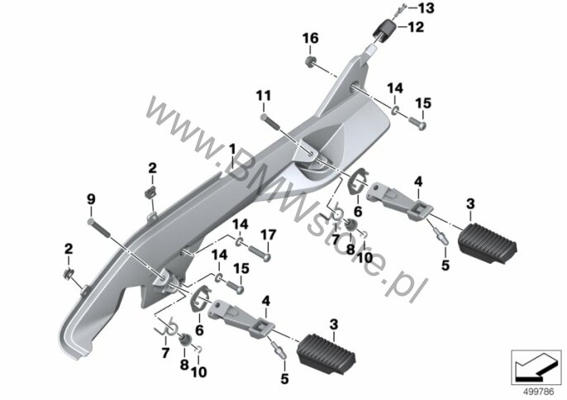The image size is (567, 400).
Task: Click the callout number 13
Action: (x=426, y=8)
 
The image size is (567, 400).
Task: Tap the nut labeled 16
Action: (x=309, y=61)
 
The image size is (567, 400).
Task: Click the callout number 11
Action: (x=263, y=96)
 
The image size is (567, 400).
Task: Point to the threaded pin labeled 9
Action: (x=98, y=228)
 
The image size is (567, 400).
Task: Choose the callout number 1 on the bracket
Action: (x=231, y=150)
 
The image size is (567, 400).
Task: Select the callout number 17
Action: (x=268, y=235)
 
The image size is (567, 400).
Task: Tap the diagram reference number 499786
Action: (x=539, y=392)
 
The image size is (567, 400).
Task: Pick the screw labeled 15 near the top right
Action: (x=417, y=123)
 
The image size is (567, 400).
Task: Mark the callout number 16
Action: (x=310, y=38)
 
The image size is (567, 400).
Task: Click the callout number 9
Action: (x=91, y=199)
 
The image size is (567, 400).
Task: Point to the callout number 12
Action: (x=416, y=27)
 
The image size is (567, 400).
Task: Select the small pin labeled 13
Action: (x=400, y=10)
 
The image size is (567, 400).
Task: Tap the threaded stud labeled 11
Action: (x=269, y=121)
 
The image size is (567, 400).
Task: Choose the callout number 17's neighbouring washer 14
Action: (x=240, y=241)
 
